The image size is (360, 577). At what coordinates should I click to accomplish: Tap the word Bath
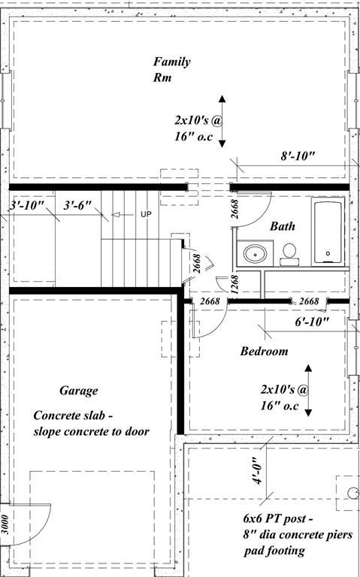(283, 226)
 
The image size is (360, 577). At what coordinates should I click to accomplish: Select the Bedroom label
(264, 352)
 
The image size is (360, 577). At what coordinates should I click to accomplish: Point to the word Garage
(78, 391)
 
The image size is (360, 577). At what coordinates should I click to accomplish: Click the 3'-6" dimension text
(78, 204)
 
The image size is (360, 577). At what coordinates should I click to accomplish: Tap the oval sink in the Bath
(256, 254)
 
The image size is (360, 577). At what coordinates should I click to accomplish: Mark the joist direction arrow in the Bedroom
(307, 389)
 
